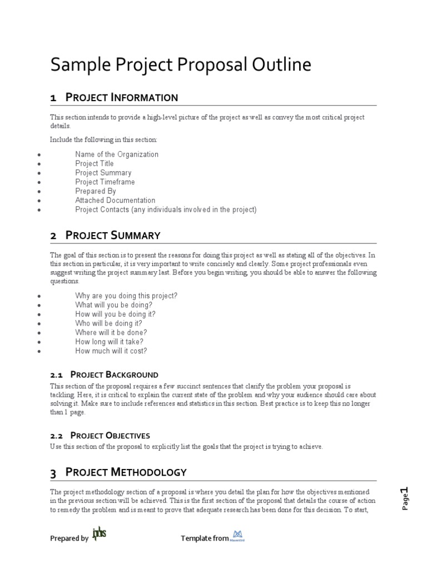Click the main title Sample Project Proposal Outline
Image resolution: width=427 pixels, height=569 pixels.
[181, 65]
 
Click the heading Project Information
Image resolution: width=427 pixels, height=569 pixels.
[122, 98]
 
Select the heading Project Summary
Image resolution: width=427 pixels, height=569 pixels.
[113, 236]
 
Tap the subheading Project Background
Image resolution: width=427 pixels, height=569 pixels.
[115, 375]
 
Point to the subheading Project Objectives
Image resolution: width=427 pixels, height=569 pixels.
[111, 436]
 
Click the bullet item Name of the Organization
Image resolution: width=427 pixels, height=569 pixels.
[117, 154]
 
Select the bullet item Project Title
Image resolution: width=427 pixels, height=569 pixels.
[95, 163]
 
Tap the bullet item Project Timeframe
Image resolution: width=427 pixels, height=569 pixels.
[105, 182]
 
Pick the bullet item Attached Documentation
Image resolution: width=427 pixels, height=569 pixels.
[115, 200]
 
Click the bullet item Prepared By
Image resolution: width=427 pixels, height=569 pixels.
[95, 191]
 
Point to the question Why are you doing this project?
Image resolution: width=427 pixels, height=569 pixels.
[126, 296]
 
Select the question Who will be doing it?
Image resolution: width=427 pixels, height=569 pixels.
[108, 323]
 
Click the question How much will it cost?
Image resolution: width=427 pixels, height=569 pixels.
[111, 351]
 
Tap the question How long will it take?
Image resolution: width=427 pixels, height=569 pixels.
[110, 342]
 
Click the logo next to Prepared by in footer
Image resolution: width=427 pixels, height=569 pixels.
[99, 535]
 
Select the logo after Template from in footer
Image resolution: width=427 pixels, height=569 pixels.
[239, 536]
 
